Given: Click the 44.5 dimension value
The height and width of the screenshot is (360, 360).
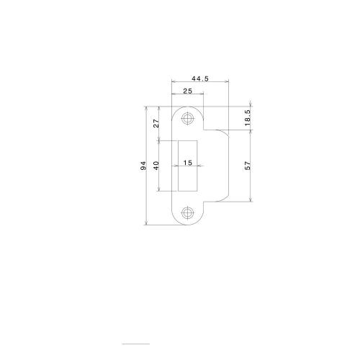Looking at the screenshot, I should point(199,78).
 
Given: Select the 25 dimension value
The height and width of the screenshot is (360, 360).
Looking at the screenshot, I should point(186,91).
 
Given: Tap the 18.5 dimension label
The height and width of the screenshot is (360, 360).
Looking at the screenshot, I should point(248,118).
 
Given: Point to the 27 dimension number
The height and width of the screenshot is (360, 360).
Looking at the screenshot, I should point(156,122).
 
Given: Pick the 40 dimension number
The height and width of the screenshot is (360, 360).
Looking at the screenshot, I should point(156,165).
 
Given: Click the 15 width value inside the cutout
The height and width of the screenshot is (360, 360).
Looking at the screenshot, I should point(187,163).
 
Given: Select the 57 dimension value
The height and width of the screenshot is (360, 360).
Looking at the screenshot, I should point(248,165).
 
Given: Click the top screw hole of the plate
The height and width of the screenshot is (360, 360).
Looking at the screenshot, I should point(189,117).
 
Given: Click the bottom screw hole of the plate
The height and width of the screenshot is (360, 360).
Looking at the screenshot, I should point(189,212).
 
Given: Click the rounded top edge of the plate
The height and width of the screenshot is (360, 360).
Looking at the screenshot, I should point(189,106).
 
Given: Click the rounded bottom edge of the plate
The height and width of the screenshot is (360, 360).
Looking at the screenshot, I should point(189,225).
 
